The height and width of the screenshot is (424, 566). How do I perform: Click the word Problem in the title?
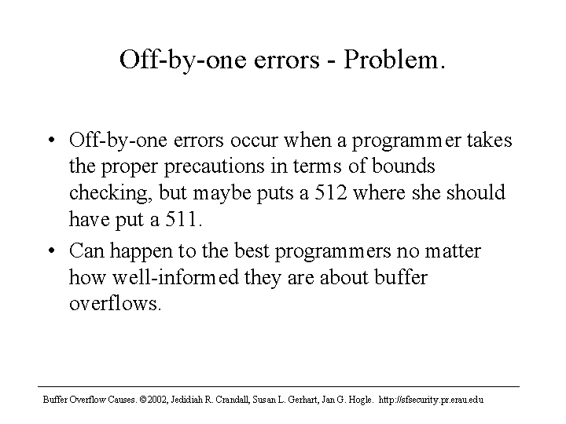coord(390,59)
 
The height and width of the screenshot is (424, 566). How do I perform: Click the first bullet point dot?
coord(52,140)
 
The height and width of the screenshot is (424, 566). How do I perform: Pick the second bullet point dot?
coord(52,250)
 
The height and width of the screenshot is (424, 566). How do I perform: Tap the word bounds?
coord(403,166)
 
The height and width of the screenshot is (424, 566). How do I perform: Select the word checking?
coord(108,193)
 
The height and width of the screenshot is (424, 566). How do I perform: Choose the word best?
coord(252,250)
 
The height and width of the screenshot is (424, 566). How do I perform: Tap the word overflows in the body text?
coord(114,303)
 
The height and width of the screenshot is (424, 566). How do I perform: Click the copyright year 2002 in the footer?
coord(156,400)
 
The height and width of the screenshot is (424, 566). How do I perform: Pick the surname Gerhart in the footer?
coord(305,400)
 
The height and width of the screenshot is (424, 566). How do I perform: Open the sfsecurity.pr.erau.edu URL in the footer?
coord(431,400)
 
